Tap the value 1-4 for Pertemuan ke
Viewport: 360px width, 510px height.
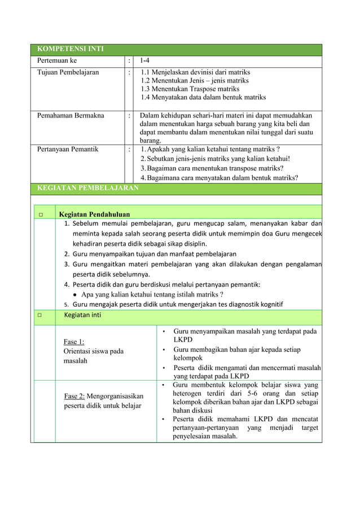(x=145, y=60)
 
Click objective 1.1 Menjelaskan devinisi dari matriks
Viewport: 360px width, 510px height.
(x=195, y=72)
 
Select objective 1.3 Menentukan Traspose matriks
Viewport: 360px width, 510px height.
(x=190, y=89)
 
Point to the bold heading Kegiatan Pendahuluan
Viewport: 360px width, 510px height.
(x=94, y=214)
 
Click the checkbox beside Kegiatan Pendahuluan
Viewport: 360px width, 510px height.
(x=41, y=215)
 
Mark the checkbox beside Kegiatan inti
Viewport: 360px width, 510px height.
(x=41, y=315)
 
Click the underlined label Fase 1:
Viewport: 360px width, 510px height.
(x=74, y=341)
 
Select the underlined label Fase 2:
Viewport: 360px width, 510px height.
(x=74, y=396)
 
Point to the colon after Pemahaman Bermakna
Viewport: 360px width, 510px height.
(x=129, y=115)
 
